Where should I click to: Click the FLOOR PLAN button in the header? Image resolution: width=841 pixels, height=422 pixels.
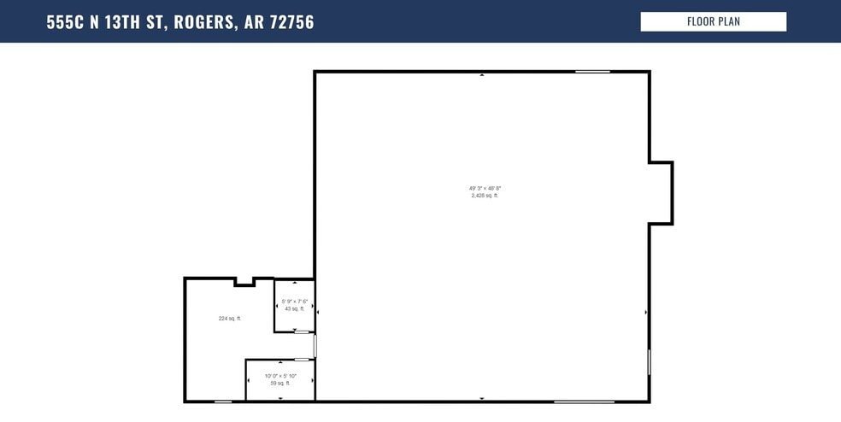(713, 21)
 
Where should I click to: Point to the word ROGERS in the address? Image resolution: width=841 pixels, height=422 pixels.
(203, 22)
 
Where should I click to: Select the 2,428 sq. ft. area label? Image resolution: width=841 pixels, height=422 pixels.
(485, 196)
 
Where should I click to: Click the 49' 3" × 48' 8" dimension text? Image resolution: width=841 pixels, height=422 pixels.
(485, 188)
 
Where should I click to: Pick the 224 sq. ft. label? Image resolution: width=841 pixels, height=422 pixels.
(230, 319)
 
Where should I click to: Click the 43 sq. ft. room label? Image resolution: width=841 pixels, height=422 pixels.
(294, 308)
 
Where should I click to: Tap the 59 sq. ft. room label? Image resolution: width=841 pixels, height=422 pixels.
(280, 384)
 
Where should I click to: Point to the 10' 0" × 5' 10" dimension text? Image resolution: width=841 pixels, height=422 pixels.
(280, 376)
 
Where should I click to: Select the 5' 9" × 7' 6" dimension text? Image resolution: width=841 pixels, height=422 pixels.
(294, 301)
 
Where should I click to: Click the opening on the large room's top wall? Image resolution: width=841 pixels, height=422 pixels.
(592, 72)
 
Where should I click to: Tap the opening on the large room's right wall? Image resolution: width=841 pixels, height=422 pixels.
(649, 361)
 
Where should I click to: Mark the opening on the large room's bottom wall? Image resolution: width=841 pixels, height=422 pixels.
(584, 401)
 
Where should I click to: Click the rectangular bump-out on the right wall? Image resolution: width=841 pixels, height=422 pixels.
(662, 193)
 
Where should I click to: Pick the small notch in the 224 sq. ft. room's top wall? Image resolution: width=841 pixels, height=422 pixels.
(244, 282)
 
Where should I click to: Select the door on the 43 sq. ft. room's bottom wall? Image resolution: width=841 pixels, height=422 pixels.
(302, 331)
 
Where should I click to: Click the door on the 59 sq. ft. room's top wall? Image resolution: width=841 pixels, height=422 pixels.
(302, 360)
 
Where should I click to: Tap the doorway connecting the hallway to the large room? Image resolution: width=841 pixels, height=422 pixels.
(315, 345)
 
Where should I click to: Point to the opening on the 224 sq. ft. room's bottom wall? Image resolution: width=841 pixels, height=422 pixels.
(222, 401)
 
